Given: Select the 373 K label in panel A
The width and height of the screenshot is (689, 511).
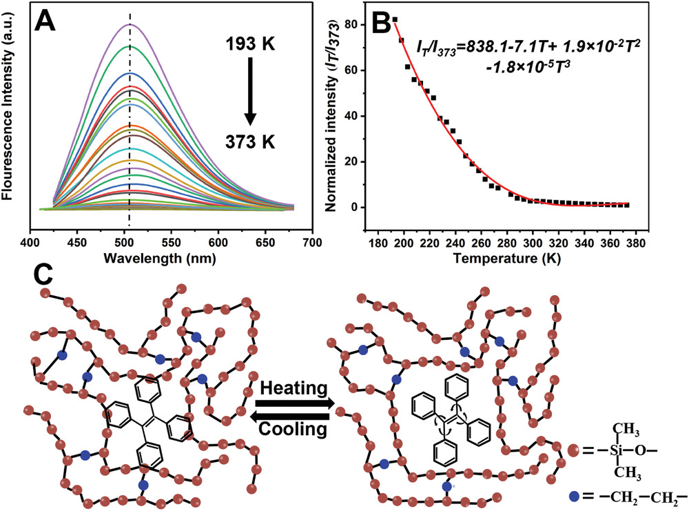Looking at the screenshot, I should tap(249, 141).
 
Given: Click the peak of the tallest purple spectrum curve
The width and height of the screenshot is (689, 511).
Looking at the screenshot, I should tap(129, 25).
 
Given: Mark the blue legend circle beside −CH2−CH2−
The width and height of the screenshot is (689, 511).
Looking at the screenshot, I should tap(575, 496).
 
